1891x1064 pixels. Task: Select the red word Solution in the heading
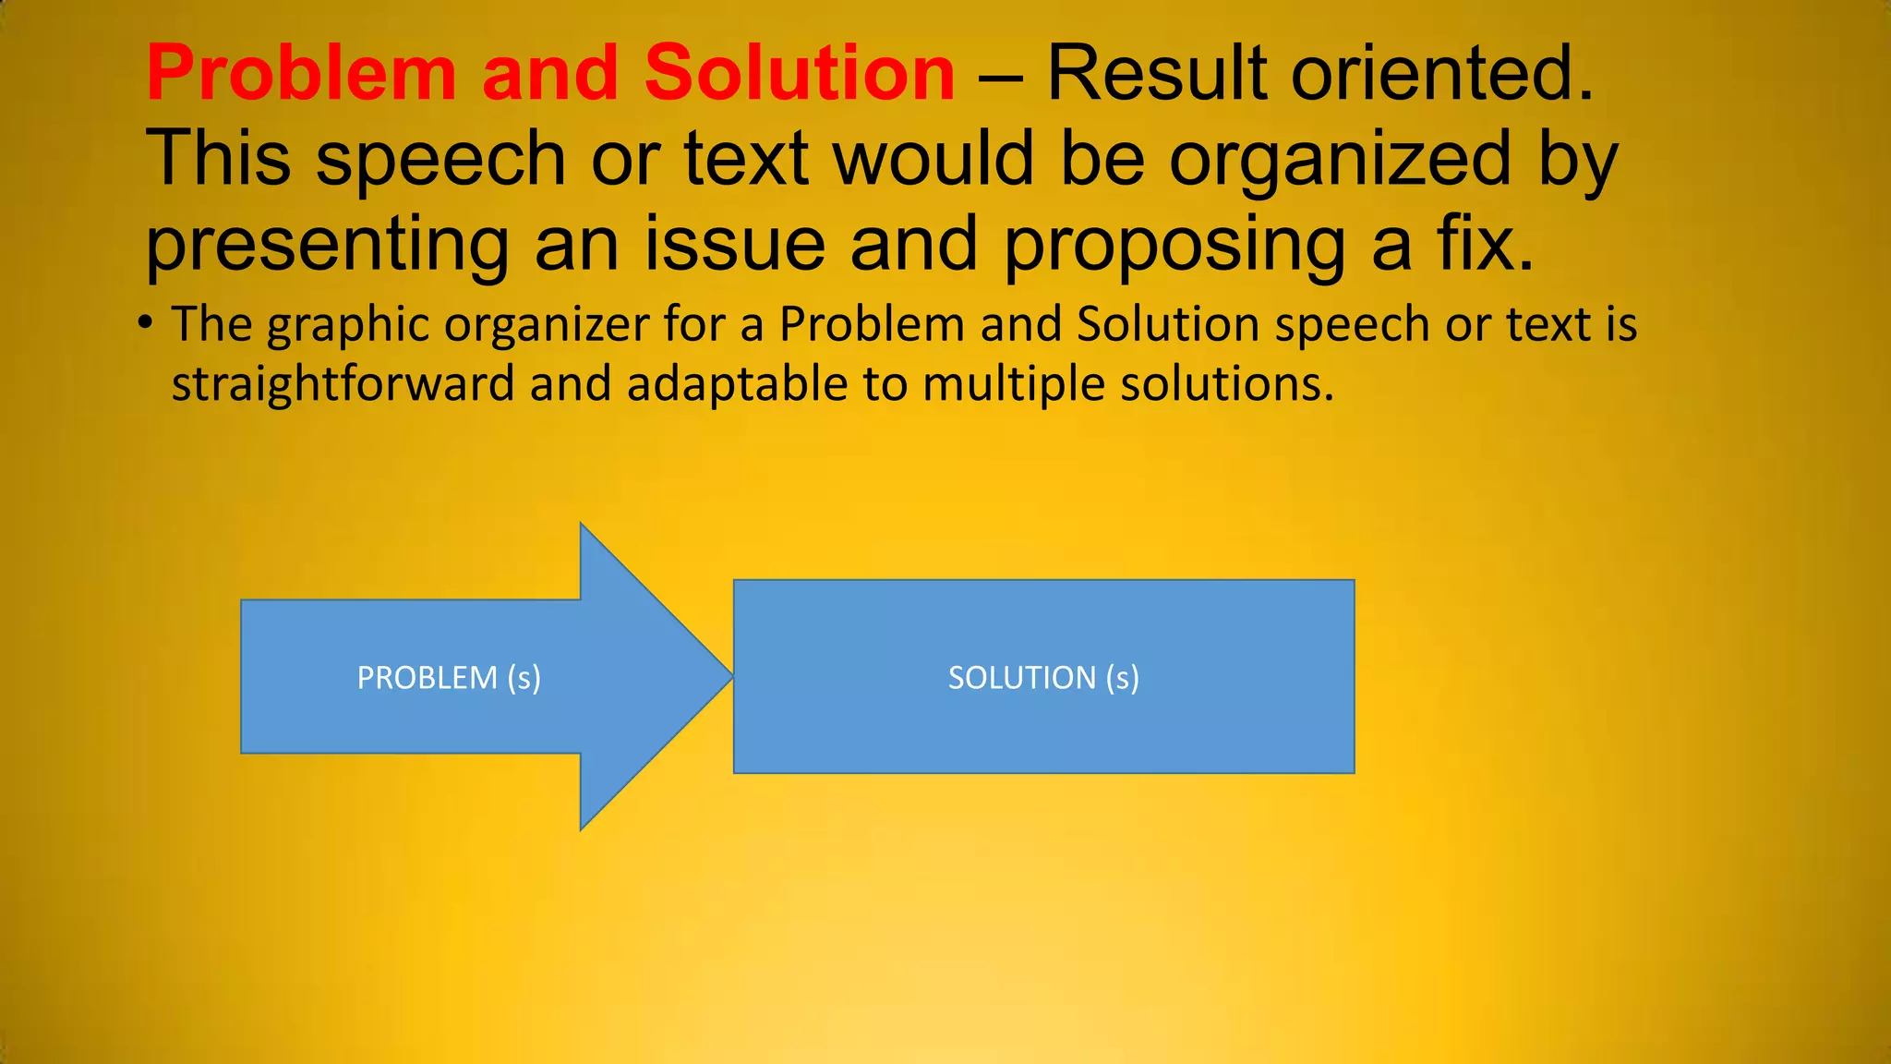pyautogui.click(x=800, y=74)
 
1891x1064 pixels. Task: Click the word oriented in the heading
pyautogui.click(x=1441, y=74)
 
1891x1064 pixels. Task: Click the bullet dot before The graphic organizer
pyautogui.click(x=145, y=323)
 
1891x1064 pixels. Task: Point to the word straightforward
pyautogui.click(x=343, y=384)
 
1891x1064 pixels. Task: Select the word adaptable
pyautogui.click(x=737, y=384)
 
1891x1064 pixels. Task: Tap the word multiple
pyautogui.click(x=1013, y=384)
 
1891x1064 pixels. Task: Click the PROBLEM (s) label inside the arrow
pyautogui.click(x=449, y=678)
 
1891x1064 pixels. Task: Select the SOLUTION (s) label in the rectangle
pyautogui.click(x=1043, y=678)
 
